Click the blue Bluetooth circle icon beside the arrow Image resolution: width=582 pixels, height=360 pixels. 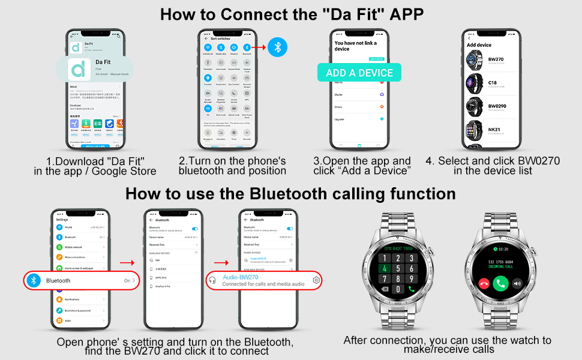pyautogui.click(x=277, y=47)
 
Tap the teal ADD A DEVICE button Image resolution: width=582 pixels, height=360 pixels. pyautogui.click(x=359, y=73)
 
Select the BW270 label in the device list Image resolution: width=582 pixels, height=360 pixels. pyautogui.click(x=496, y=59)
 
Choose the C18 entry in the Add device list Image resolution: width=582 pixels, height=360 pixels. pyautogui.click(x=493, y=83)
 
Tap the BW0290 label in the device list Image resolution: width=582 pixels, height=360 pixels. pyautogui.click(x=497, y=106)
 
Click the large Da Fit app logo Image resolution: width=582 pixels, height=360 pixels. pyautogui.click(x=78, y=69)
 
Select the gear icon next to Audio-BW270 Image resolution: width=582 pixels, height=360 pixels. pyautogui.click(x=316, y=280)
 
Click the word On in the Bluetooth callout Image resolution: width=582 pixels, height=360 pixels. pyautogui.click(x=127, y=280)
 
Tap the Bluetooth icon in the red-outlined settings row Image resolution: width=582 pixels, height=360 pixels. pyautogui.click(x=35, y=280)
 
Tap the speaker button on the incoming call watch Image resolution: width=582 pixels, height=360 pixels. pyautogui.click(x=517, y=283)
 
